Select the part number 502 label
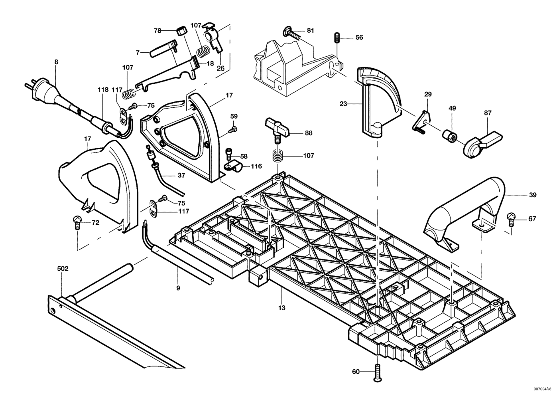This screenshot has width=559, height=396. tap(63, 269)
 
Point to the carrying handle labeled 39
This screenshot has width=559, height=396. tap(464, 212)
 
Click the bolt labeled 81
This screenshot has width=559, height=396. tap(291, 32)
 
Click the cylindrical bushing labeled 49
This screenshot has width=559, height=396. tap(450, 135)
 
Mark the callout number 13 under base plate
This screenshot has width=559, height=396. tap(281, 308)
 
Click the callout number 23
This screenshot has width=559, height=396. tap(343, 104)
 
